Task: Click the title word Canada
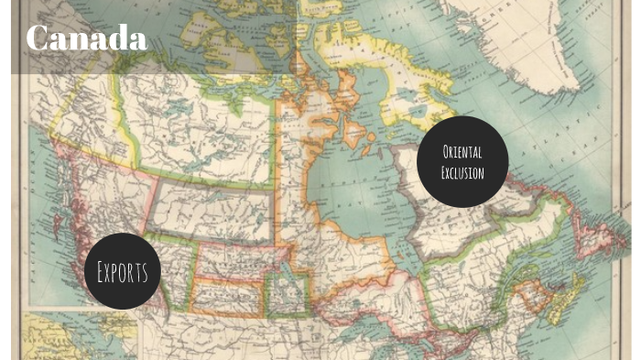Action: click(x=86, y=38)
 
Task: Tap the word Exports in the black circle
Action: click(x=123, y=271)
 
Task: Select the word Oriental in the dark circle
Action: click(x=462, y=152)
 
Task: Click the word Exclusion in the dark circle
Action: click(x=462, y=171)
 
